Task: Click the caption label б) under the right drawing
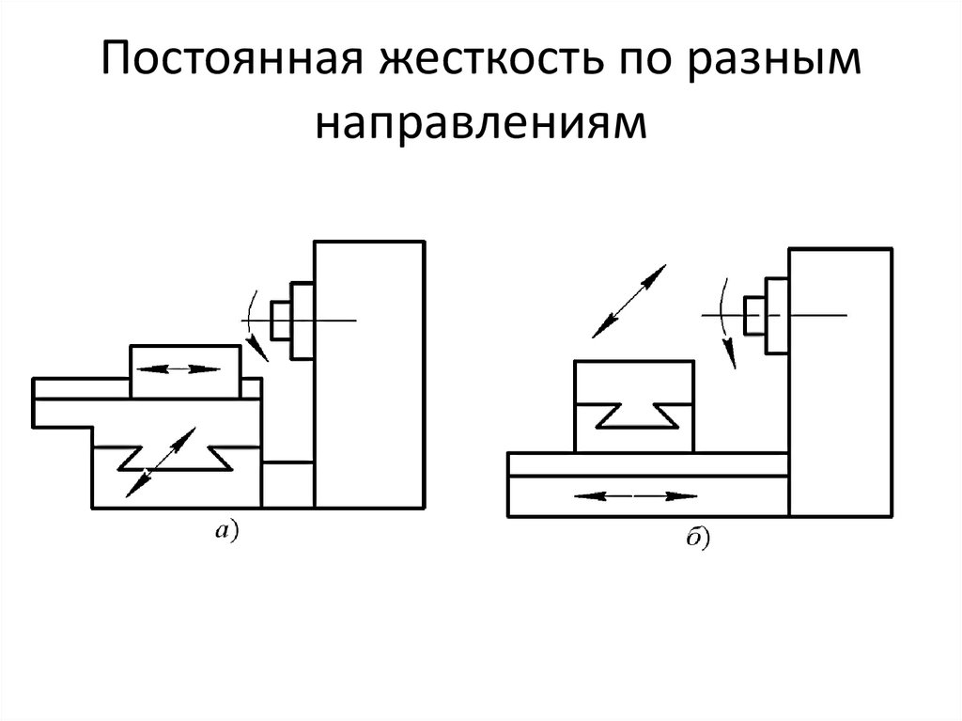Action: (x=696, y=539)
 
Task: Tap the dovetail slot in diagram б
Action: (x=634, y=415)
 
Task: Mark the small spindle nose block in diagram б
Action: (x=753, y=314)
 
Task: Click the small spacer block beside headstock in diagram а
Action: (x=288, y=484)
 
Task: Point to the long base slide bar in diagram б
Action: (x=648, y=463)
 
